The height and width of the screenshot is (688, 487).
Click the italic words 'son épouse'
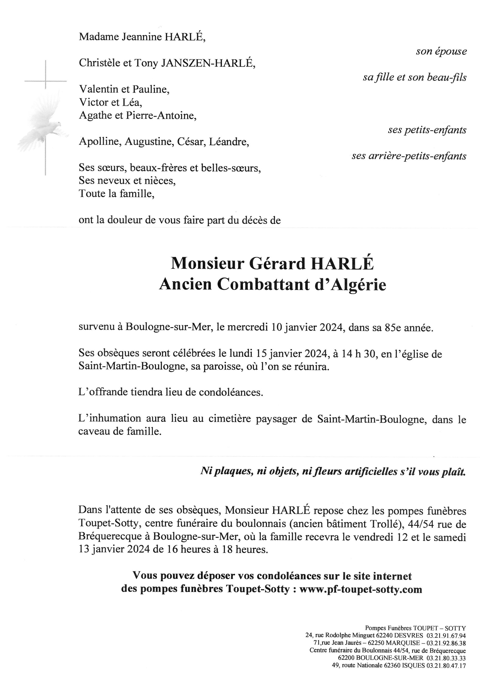pyautogui.click(x=441, y=52)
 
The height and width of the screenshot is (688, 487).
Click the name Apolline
pyautogui.click(x=100, y=141)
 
